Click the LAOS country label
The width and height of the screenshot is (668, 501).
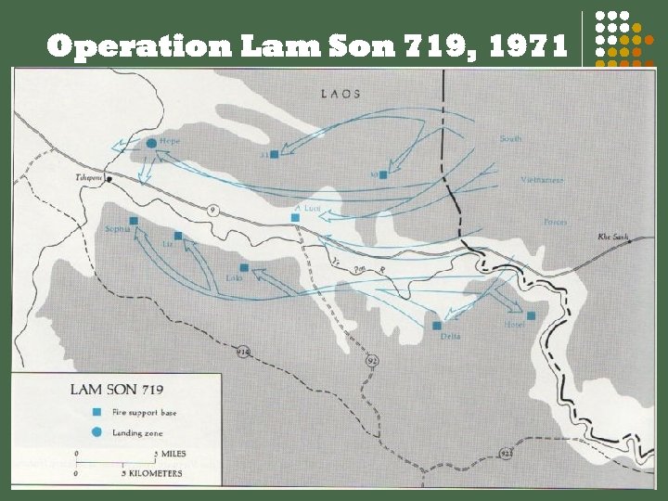[340, 94]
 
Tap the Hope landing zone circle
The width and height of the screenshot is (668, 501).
[151, 143]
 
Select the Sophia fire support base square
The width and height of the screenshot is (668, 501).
[134, 221]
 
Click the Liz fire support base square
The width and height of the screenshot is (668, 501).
[179, 237]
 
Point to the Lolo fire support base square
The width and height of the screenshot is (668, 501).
[244, 267]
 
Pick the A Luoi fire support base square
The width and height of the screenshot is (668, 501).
[295, 218]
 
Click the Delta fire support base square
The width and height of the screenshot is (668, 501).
[436, 325]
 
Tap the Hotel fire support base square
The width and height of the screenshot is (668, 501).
[531, 315]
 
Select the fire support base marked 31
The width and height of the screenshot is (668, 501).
[275, 154]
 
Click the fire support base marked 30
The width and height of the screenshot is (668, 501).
[383, 174]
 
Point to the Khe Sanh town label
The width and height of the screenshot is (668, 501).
[613, 238]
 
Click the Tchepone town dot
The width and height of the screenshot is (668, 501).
[109, 179]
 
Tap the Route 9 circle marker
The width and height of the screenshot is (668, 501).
[212, 207]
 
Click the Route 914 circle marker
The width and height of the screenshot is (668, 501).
[243, 351]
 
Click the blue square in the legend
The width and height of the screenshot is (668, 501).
[96, 411]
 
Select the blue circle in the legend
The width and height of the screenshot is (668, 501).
[96, 432]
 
